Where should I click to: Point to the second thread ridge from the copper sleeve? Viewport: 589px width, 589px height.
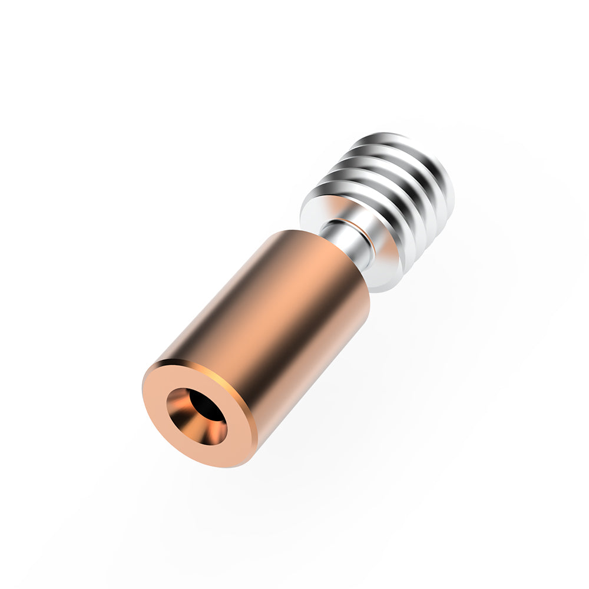389,183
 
